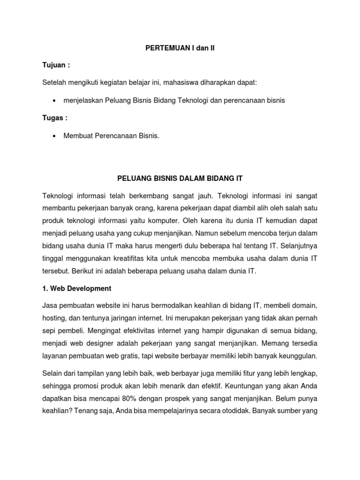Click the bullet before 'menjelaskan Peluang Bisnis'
click(56, 101)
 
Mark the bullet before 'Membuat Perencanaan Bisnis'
click(56, 136)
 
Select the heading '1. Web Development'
click(77, 288)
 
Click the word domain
click(305, 306)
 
